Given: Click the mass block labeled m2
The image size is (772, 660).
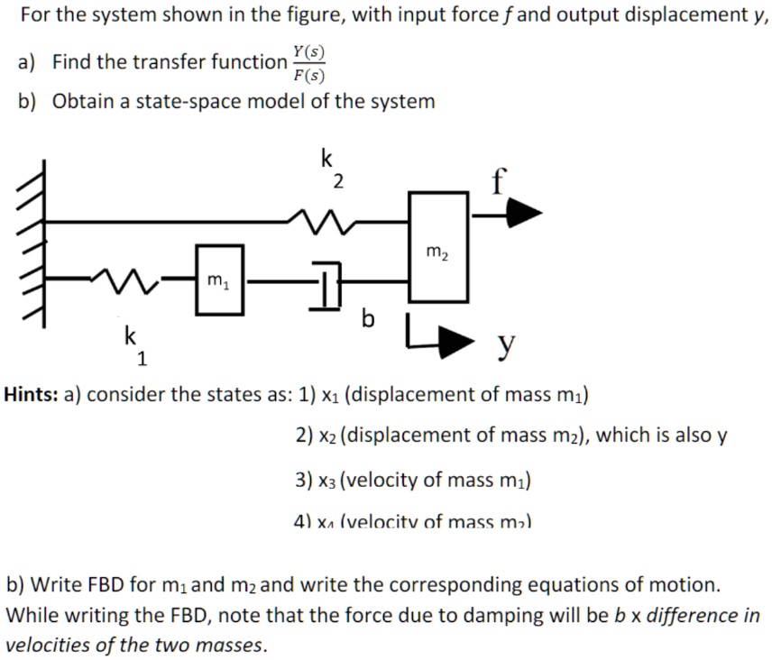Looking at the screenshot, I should point(438,245).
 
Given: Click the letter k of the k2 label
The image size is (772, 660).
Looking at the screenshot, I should point(326,159).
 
